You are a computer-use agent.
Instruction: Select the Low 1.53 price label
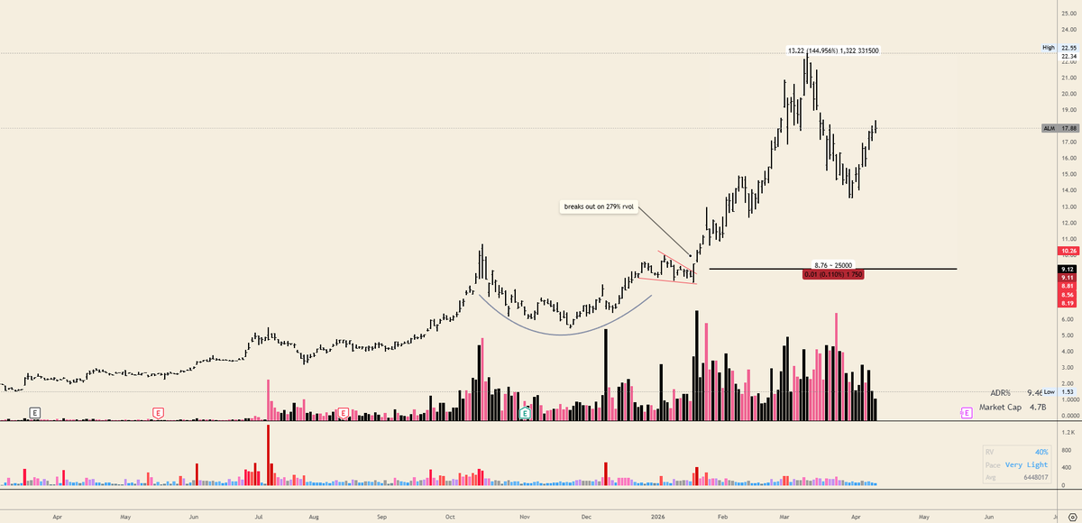click(x=1061, y=391)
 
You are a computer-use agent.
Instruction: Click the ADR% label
click(x=1000, y=393)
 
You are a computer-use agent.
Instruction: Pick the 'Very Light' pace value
click(x=1029, y=465)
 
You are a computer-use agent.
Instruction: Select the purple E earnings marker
click(x=967, y=412)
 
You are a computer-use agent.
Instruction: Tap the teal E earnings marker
click(x=525, y=412)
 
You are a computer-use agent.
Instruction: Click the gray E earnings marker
click(x=35, y=412)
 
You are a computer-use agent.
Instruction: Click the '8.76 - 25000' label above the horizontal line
click(x=833, y=265)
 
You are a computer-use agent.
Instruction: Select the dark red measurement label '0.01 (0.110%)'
click(x=833, y=274)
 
